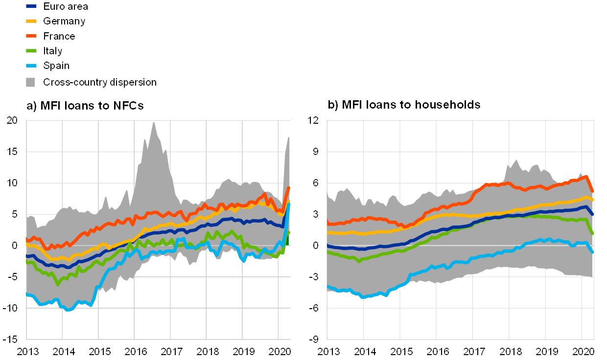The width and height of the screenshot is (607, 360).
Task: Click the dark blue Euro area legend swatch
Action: tap(31, 6)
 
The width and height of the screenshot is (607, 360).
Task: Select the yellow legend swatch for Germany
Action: tap(31, 21)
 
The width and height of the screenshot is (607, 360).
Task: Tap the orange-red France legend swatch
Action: tap(31, 36)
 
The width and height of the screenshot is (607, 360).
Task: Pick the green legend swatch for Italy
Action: tap(31, 51)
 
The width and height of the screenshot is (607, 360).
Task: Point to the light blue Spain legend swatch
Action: tap(31, 66)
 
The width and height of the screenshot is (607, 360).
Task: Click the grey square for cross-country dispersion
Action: tap(31, 82)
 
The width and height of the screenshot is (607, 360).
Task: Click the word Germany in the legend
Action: tap(64, 21)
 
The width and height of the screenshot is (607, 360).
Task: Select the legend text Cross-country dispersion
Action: tap(99, 82)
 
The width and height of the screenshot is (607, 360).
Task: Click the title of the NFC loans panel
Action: tap(85, 106)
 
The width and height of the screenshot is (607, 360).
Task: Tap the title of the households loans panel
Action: tap(405, 105)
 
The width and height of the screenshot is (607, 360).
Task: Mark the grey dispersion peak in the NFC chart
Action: tap(153, 123)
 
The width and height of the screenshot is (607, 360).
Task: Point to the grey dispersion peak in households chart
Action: tap(516, 160)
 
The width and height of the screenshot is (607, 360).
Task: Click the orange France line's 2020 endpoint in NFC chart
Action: tap(289, 188)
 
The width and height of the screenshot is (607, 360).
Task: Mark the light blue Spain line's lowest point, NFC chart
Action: tap(69, 310)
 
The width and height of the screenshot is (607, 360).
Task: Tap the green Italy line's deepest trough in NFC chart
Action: tap(58, 284)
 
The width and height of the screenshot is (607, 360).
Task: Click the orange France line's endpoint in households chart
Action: tap(593, 191)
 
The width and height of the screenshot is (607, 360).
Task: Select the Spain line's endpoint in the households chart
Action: tap(592, 252)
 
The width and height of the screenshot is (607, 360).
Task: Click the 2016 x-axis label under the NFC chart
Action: tap(135, 352)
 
